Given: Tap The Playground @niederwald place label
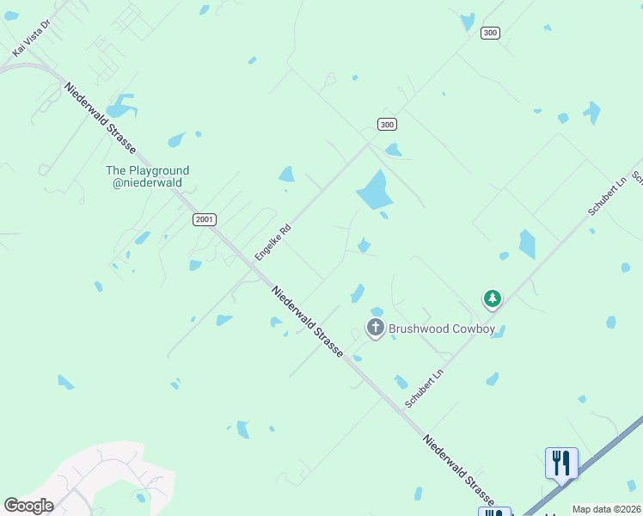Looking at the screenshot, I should pos(147,176).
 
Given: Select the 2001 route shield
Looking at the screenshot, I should pos(205,220).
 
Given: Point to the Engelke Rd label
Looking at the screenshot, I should pos(273,243).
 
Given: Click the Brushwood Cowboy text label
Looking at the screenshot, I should pos(442,329).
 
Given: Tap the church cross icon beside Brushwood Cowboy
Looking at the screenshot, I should pos(375,328).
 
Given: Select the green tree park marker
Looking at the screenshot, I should pos(492,298).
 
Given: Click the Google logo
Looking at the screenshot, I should pos(28,506).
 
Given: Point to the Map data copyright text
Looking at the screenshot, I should pos(607,509).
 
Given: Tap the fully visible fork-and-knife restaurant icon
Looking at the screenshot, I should pos(561,462).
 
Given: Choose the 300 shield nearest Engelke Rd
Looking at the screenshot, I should pos(387,125).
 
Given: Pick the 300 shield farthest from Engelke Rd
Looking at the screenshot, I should pos(490,33).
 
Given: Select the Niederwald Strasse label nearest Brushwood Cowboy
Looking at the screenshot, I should pos(308,322).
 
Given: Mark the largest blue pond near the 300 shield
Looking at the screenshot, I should pos(373,190).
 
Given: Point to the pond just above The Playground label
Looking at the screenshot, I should pos(121,107).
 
